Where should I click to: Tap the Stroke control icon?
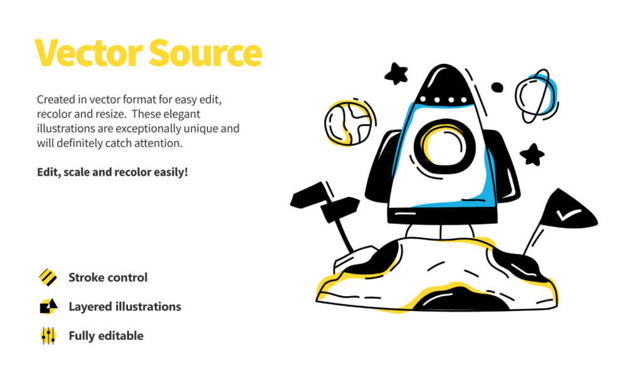pos(48,277)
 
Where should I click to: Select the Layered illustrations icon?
pos(48,306)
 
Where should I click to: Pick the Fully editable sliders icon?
pos(48,336)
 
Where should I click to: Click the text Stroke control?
pos(108,277)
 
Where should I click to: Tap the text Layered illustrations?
pos(125,307)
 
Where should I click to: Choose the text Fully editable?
pos(106,336)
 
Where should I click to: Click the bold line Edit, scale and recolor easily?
pos(112,171)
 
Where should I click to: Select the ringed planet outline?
pos(536,97)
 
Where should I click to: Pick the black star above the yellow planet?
pos(396,74)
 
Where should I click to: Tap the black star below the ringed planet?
pos(533,154)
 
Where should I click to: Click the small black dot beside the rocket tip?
pos(497,87)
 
